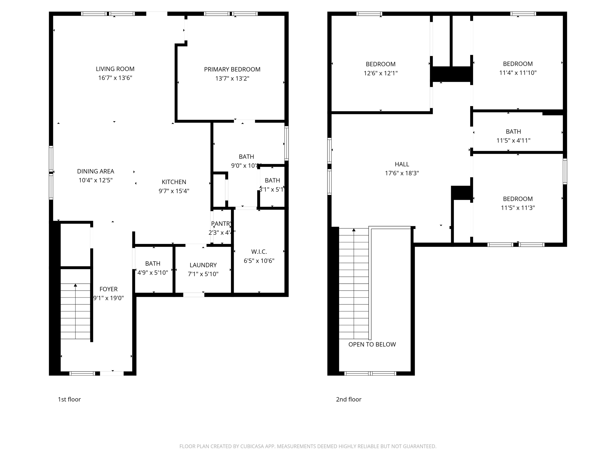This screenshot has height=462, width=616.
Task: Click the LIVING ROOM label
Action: [115, 69]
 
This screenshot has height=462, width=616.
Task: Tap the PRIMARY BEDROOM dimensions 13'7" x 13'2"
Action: [232, 79]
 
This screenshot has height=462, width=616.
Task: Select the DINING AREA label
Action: [95, 171]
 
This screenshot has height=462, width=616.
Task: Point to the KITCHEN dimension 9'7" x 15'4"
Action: [174, 191]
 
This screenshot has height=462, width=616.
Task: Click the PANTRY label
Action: [221, 223]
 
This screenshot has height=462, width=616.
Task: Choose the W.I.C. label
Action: [259, 251]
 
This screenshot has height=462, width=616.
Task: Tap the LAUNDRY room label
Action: [203, 265]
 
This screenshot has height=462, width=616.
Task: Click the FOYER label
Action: [108, 289]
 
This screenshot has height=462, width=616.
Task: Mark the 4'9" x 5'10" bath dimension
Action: [152, 273]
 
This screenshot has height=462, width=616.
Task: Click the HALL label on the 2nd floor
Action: [402, 164]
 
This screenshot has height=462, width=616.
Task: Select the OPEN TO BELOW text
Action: [372, 344]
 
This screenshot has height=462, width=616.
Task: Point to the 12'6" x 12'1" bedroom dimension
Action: [380, 73]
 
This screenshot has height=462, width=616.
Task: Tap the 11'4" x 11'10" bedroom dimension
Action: [518, 73]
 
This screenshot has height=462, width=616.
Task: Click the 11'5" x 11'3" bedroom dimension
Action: [518, 208]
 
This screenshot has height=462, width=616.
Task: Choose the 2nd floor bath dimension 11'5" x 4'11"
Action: [513, 140]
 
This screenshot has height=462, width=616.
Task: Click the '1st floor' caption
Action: [69, 399]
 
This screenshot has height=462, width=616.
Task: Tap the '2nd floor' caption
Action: [349, 399]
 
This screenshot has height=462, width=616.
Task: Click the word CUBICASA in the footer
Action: [252, 446]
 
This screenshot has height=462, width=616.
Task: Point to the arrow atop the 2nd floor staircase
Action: [354, 230]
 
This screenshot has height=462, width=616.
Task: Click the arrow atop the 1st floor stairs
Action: [75, 285]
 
